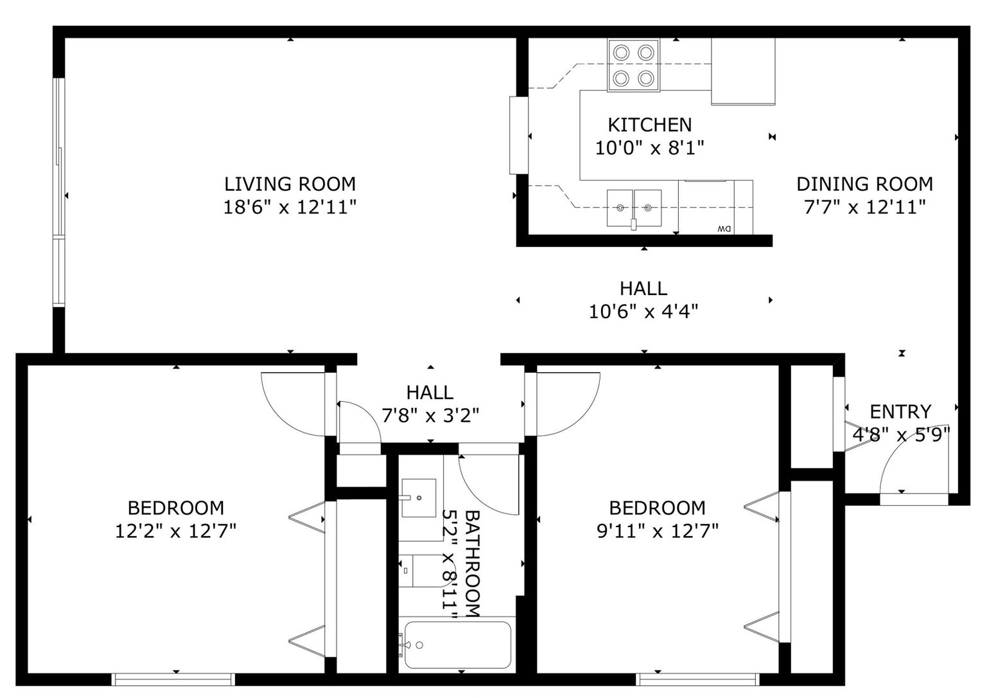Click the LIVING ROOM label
click(290, 184)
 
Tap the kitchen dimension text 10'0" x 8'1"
click(649, 148)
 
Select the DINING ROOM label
click(864, 184)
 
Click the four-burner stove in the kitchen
click(634, 66)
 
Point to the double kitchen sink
click(634, 208)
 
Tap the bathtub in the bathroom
click(458, 645)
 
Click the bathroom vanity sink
click(419, 498)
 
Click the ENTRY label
click(900, 412)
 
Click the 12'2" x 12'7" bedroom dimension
click(176, 530)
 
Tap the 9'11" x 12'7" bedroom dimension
click(658, 530)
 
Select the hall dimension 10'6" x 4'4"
click(643, 312)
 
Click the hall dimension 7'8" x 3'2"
click(430, 415)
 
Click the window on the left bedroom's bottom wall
click(173, 679)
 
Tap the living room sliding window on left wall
click(59, 192)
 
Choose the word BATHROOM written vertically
click(473, 564)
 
